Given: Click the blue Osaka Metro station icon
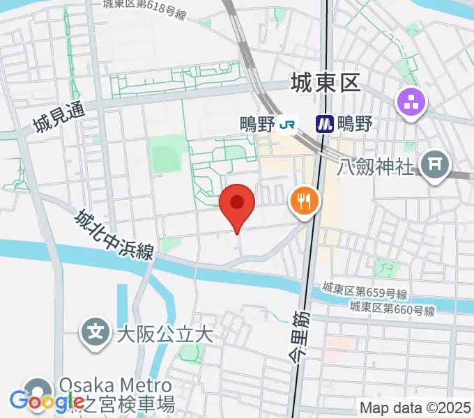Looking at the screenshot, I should point(324,125).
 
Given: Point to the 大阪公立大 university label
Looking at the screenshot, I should point(164,334).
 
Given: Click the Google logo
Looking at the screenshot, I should point(47,402).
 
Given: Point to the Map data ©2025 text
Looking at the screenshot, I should point(414,407).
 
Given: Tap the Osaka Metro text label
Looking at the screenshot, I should point(115,385).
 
